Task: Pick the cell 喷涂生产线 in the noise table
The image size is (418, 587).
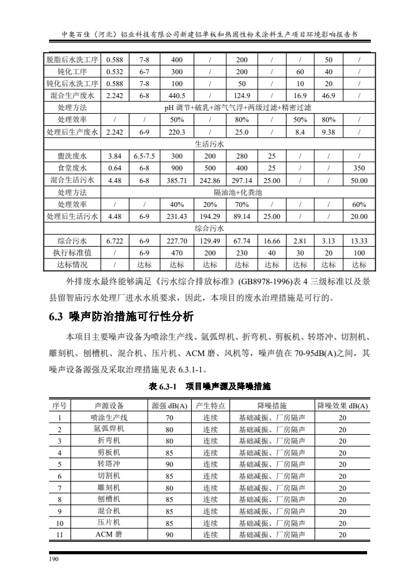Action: pos(109,417)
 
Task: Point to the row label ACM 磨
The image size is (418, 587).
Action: pos(109,534)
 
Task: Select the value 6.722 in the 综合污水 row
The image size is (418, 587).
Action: pos(114,240)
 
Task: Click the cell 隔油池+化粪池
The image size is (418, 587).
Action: pos(237,191)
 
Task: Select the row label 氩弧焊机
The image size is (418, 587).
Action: pos(109,428)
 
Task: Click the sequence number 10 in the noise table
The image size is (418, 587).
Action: pos(60,522)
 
